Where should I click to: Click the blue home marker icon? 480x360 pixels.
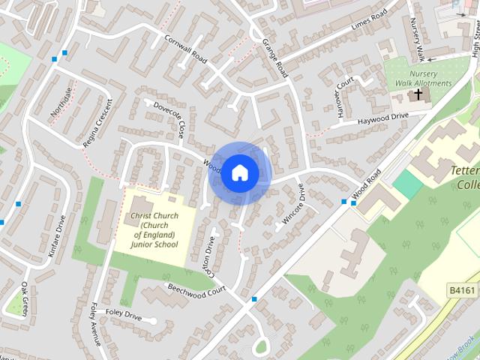coord(239,172)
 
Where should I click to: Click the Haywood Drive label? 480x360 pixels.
coord(382,118)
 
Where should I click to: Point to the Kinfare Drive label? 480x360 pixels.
coord(57,237)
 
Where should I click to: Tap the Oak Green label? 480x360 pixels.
coord(24,298)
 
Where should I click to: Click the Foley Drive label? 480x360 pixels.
coord(124,314)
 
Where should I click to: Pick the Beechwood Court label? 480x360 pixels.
coord(196,289)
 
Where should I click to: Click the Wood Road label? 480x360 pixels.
coord(367,183)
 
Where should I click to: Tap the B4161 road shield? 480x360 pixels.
coord(463,289)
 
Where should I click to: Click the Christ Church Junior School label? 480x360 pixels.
coord(154,230)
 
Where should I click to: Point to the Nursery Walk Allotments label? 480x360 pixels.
coord(424,79)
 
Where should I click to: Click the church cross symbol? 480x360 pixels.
coord(418,94)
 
